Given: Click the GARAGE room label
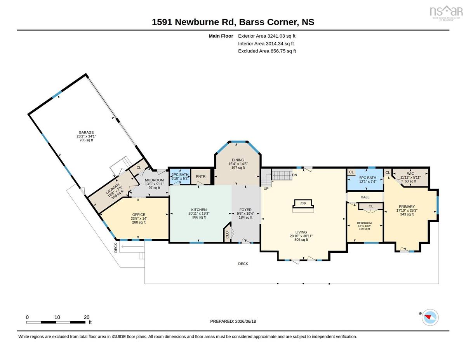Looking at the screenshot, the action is click(86, 132).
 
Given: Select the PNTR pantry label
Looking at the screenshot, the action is click(201, 176).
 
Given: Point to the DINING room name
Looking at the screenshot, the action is click(238, 160).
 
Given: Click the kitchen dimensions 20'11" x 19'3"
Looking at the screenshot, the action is click(199, 214).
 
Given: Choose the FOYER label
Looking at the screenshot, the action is click(245, 210).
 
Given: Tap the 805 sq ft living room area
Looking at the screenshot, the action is click(301, 240).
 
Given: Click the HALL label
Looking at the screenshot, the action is click(365, 197).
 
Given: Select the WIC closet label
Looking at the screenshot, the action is click(410, 174).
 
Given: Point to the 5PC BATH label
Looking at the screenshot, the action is click(368, 178).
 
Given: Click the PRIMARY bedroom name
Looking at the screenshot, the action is click(407, 207).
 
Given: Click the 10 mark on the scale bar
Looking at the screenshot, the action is click(57, 317).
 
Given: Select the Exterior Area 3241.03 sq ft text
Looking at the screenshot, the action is click(266, 36).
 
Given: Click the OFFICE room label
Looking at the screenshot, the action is click(139, 215).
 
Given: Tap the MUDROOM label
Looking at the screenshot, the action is click(154, 180).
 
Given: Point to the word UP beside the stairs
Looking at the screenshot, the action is click(266, 189).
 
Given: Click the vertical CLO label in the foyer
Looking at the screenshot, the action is click(227, 235).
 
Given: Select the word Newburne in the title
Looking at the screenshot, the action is click(204, 22).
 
